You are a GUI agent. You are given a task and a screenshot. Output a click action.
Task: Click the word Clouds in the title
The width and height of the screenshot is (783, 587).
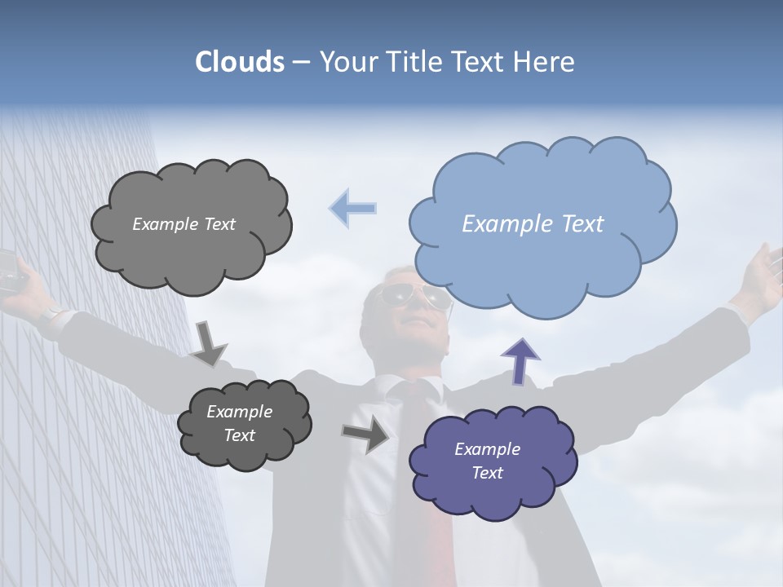click(x=240, y=62)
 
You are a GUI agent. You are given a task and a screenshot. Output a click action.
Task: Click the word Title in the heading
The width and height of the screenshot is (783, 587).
click(x=407, y=62)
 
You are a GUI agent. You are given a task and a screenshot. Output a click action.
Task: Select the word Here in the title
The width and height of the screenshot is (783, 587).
click(x=543, y=62)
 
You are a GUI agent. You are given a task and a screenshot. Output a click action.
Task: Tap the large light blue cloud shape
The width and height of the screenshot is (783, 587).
click(x=542, y=245)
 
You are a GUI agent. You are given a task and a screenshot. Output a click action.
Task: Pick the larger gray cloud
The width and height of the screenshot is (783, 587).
click(x=191, y=253)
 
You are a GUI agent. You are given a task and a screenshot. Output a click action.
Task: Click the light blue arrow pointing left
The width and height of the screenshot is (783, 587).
click(x=353, y=208)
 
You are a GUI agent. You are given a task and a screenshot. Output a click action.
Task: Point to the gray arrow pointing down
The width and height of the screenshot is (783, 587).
click(x=208, y=342)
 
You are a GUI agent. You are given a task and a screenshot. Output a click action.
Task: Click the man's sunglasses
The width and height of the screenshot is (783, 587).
click(x=417, y=297)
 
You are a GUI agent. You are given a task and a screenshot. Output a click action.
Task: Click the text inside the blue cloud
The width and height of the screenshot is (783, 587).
click(x=533, y=224)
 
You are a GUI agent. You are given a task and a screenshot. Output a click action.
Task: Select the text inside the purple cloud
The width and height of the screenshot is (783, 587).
click(x=487, y=461)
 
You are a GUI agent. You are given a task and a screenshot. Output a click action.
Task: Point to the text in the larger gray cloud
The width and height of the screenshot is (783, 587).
click(x=184, y=224)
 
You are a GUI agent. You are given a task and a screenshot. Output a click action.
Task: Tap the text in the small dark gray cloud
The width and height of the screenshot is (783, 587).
click(x=239, y=423)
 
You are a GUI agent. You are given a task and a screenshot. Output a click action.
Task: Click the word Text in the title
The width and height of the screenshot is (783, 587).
click(x=478, y=62)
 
